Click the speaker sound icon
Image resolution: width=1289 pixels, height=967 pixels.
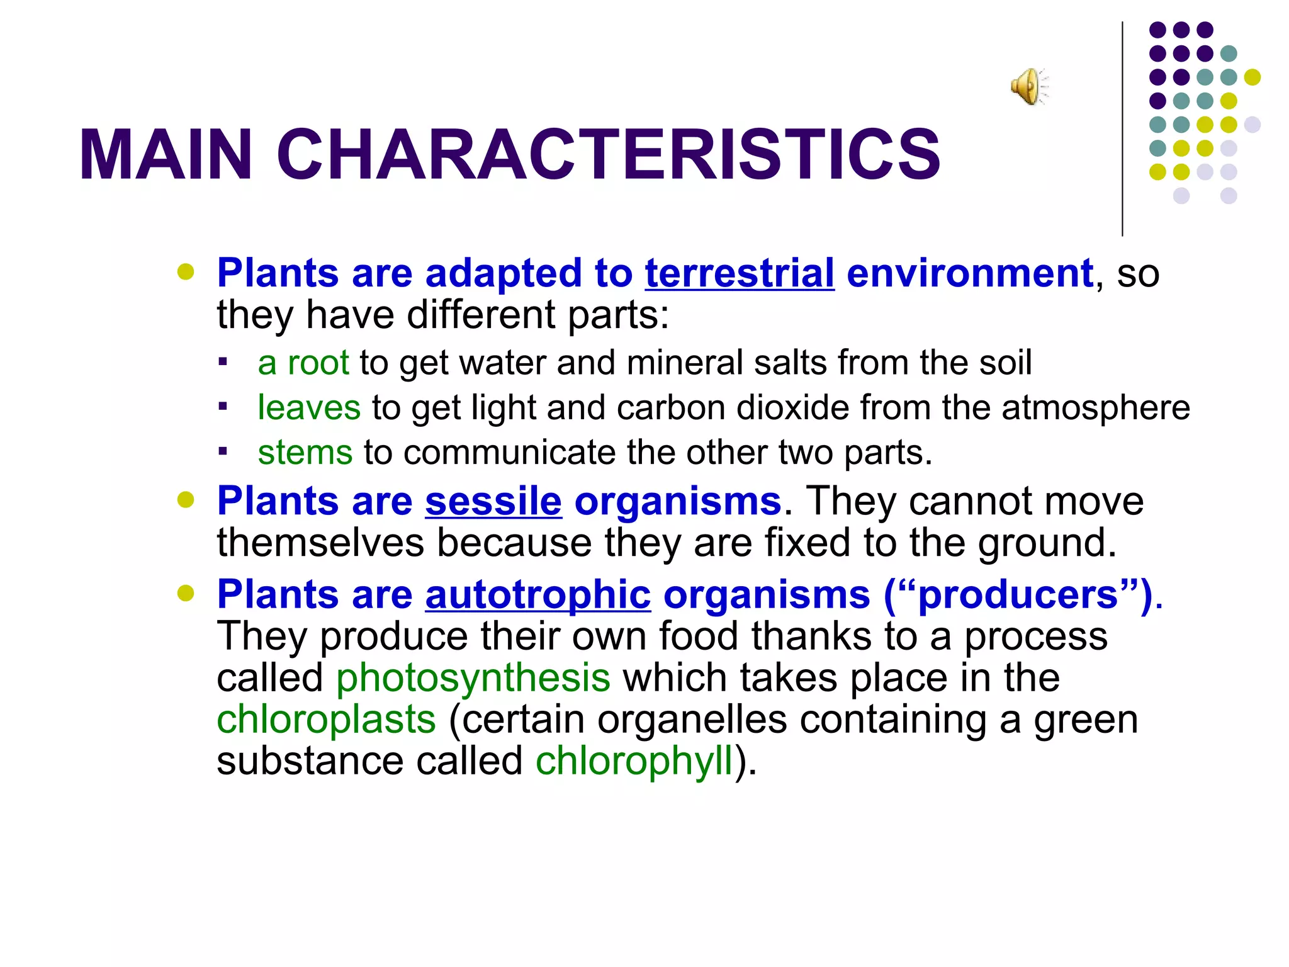tap(1029, 86)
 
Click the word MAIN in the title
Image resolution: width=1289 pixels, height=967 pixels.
tap(166, 156)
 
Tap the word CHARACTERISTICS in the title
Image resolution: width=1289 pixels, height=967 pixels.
tap(608, 156)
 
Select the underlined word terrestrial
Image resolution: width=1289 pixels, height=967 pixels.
tap(740, 274)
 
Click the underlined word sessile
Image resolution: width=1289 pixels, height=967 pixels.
tap(493, 502)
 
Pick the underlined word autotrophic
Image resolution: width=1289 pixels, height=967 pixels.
tap(538, 595)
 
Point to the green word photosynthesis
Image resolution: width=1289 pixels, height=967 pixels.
tap(473, 678)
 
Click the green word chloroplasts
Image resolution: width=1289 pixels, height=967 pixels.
tap(326, 720)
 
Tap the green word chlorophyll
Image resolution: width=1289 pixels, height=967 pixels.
tap(634, 761)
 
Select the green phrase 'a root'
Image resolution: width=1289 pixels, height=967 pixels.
tap(303, 363)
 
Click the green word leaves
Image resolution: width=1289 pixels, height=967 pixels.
tap(309, 408)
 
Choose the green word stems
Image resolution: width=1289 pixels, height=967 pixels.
tap(305, 453)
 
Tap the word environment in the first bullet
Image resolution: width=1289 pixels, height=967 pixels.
tap(970, 274)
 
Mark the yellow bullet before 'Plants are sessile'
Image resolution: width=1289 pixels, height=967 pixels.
tap(186, 500)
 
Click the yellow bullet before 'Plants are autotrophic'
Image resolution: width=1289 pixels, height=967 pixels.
tap(186, 593)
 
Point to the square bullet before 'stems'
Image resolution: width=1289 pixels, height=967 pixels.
tap(222, 451)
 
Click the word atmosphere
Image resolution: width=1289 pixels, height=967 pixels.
tap(1096, 408)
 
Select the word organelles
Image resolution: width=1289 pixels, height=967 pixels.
tap(692, 720)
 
